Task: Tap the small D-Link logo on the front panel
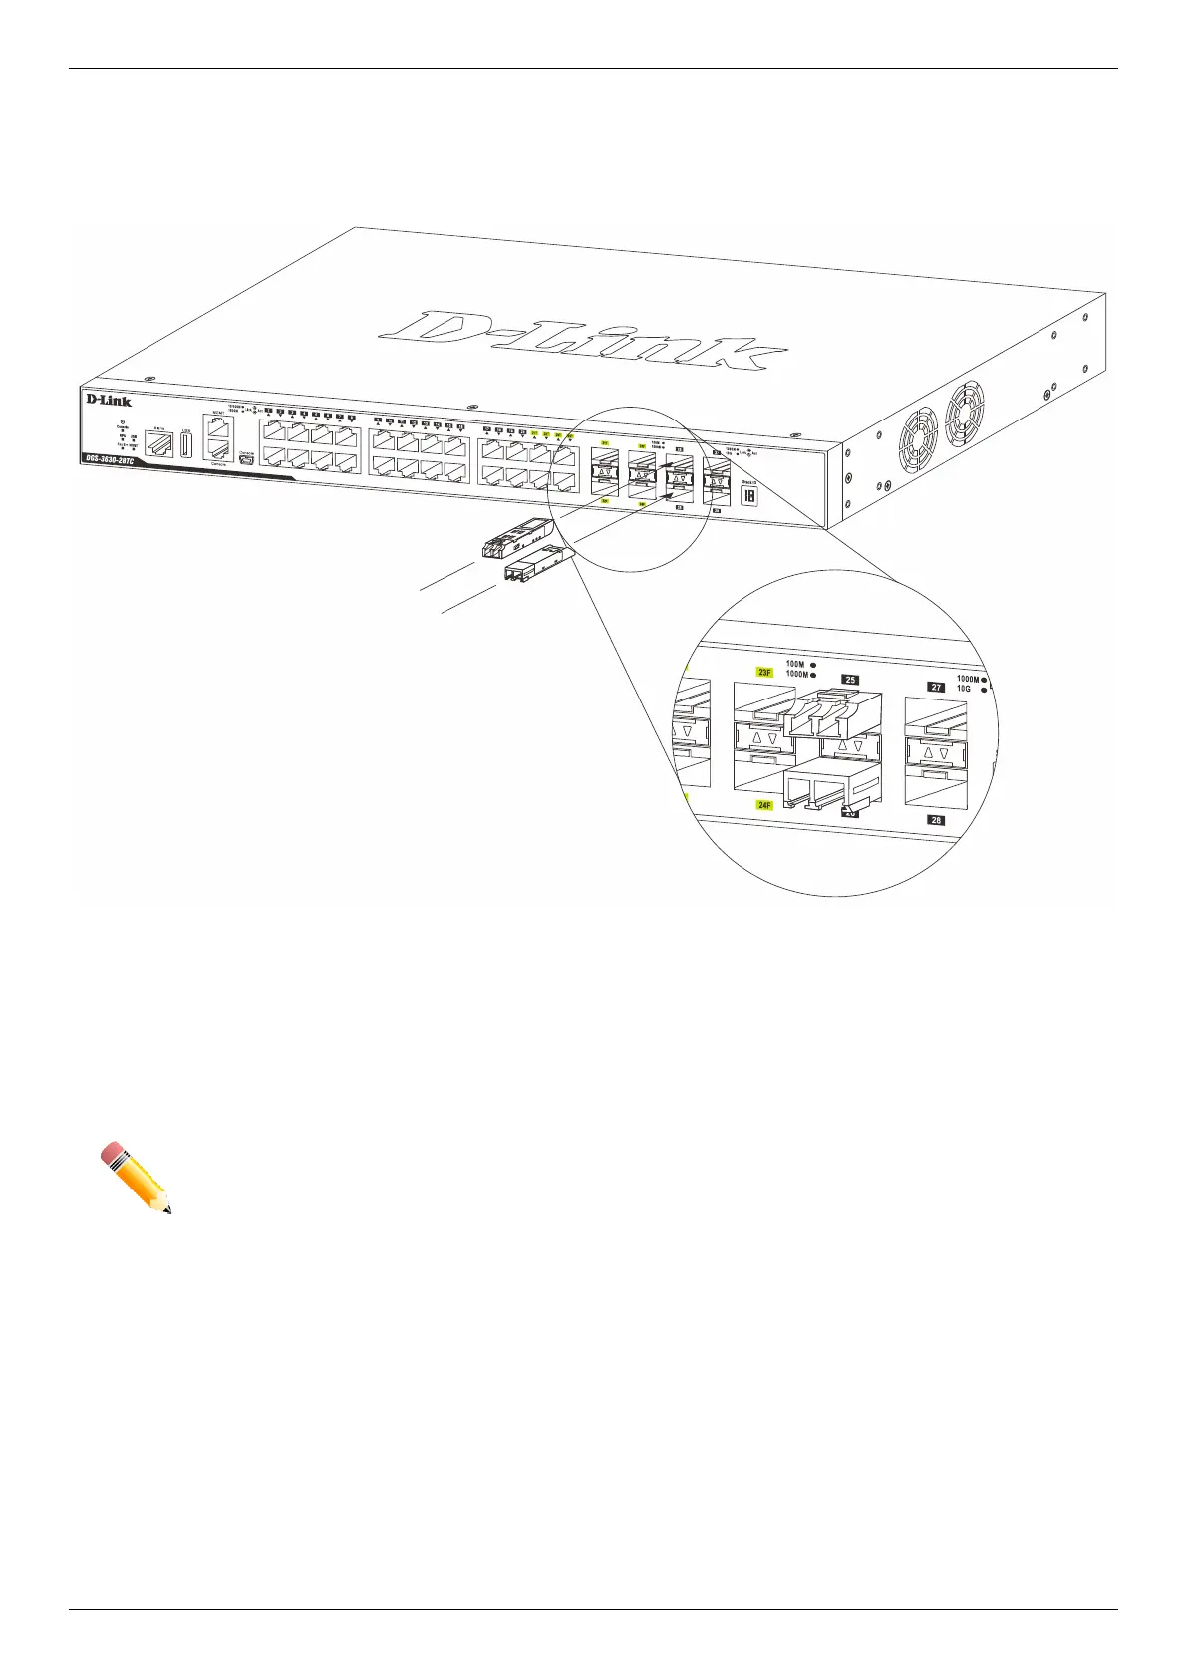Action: pos(108,400)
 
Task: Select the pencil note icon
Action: pos(136,1177)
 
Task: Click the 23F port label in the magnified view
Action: pos(765,673)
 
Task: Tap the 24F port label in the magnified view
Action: pos(764,805)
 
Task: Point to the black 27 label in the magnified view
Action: pos(936,687)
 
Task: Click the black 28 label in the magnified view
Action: pos(936,820)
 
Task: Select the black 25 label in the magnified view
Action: pos(850,680)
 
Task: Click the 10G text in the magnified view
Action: pos(963,690)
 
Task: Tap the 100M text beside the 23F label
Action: pos(794,664)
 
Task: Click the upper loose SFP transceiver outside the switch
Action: pos(515,537)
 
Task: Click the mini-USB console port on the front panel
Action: pos(246,460)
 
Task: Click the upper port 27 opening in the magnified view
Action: pos(935,714)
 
